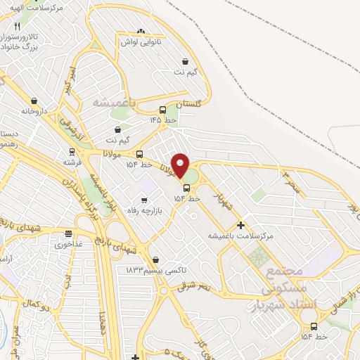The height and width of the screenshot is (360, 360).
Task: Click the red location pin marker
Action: pos(180,165)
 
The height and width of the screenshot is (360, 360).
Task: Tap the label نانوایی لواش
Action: pos(145,42)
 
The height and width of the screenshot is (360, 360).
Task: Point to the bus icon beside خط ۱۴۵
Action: pos(163,110)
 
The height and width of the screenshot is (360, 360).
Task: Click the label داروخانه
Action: pos(35,111)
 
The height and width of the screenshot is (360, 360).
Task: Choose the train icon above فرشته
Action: pos(72,152)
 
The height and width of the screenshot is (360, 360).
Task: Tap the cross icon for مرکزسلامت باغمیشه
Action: pos(241,226)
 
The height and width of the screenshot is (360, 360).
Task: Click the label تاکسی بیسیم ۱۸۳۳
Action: pos(156,270)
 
